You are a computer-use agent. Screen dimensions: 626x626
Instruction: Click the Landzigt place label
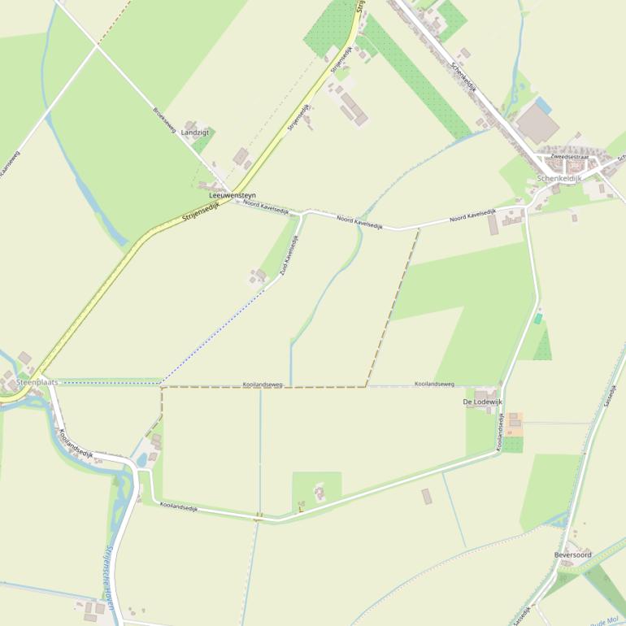[194, 132]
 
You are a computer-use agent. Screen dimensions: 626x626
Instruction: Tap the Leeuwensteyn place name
[233, 195]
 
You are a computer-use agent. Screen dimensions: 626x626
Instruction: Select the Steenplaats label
[37, 381]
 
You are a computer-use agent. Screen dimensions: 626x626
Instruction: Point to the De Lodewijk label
[483, 402]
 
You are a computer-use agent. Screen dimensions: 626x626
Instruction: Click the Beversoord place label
[572, 554]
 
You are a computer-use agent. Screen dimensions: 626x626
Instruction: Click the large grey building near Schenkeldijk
[537, 124]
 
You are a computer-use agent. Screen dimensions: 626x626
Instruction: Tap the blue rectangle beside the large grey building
[543, 106]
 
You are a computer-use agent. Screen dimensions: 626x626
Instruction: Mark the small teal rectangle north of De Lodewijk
[537, 319]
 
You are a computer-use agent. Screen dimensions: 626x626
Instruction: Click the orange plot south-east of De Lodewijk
[514, 424]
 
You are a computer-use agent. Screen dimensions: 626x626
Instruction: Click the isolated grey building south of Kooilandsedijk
[427, 496]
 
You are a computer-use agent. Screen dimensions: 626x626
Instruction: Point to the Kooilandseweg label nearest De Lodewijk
[434, 384]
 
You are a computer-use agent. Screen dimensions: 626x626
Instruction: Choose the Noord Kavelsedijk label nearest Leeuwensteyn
[266, 207]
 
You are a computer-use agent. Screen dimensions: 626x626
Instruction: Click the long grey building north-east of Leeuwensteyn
[354, 108]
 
